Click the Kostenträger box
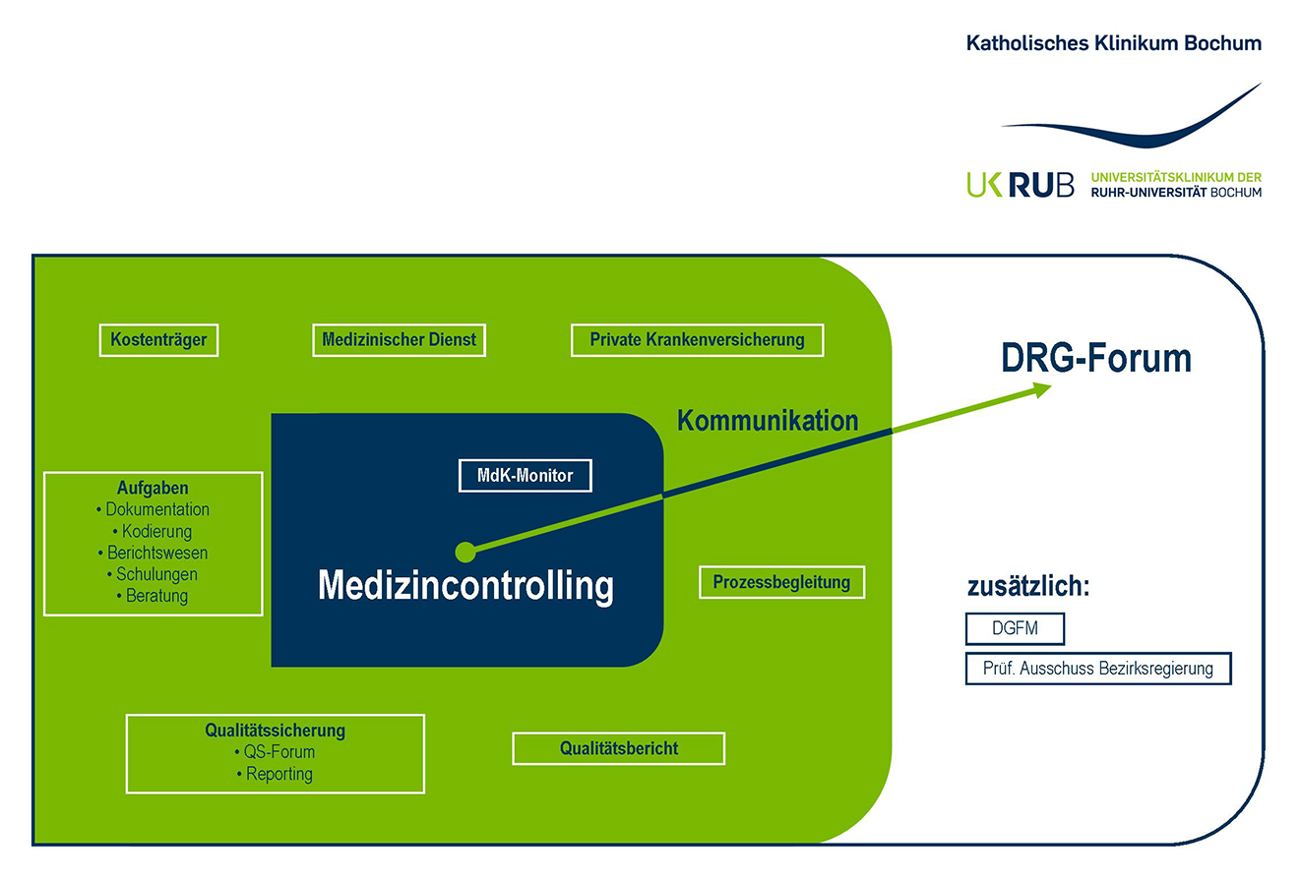158,340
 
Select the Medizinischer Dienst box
399,340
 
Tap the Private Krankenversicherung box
697,340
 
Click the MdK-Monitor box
526,476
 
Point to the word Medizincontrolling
465,586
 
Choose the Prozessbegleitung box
781,582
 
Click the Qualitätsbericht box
618,748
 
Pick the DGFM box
1015,629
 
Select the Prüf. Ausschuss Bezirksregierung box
1097,669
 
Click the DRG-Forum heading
1095,359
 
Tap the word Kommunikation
768,421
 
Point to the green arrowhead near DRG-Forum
1040,389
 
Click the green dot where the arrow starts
465,553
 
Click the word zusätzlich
1028,587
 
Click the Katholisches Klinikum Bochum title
1113,43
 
